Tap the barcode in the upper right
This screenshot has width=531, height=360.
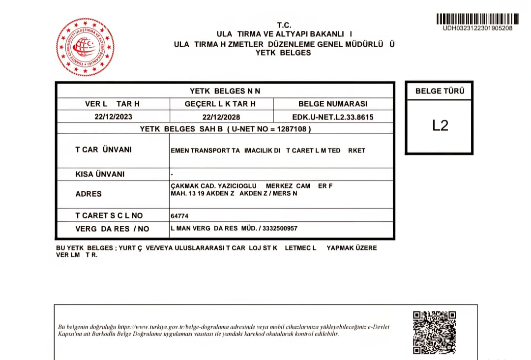pyautogui.click(x=477, y=19)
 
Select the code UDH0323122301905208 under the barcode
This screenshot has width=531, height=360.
pyautogui.click(x=477, y=28)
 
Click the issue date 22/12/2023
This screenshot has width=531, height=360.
pyautogui.click(x=114, y=117)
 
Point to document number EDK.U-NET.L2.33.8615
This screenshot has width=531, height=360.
pyautogui.click(x=333, y=117)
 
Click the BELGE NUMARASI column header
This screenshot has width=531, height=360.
pyautogui.click(x=333, y=104)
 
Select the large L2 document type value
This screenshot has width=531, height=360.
pyautogui.click(x=440, y=125)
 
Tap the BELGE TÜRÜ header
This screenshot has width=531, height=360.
pyautogui.click(x=440, y=91)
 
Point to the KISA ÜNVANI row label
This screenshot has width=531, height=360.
pyautogui.click(x=100, y=174)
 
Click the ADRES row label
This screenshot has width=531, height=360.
pyautogui.click(x=88, y=194)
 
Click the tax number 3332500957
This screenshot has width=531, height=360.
pyautogui.click(x=280, y=229)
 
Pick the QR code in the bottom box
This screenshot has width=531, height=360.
pyautogui.click(x=434, y=331)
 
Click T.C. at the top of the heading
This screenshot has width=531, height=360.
pyautogui.click(x=284, y=25)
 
